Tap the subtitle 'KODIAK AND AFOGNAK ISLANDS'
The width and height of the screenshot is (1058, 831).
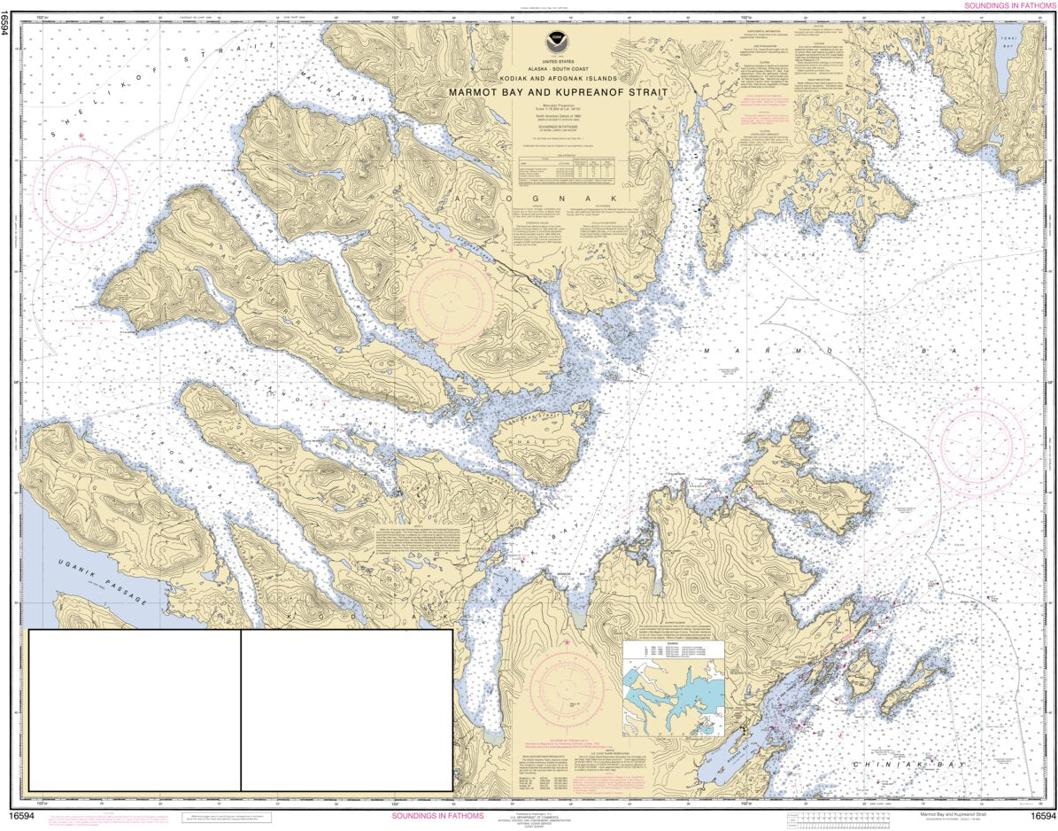pyautogui.click(x=557, y=79)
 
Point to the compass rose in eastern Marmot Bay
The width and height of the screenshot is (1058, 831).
pyautogui.click(x=981, y=439)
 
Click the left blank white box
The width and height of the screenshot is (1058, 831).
pyautogui.click(x=135, y=710)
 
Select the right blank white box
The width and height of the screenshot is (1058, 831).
pyautogui.click(x=347, y=710)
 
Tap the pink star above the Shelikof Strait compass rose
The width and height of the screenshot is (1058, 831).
pyautogui.click(x=81, y=136)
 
